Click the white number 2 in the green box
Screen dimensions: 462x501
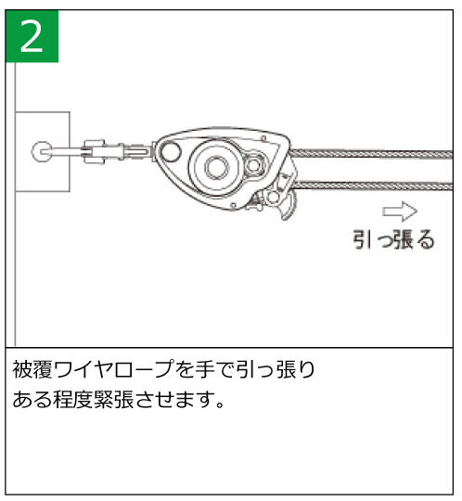click(x=32, y=36)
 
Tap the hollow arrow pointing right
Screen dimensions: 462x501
click(x=400, y=212)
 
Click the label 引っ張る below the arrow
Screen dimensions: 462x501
click(x=393, y=239)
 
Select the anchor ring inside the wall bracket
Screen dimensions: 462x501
click(x=42, y=151)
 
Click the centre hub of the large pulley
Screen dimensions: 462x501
click(x=217, y=167)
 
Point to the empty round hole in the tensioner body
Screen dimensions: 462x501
click(x=171, y=151)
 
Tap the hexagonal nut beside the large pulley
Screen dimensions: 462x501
click(x=253, y=165)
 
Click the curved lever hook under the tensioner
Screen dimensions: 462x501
click(x=289, y=208)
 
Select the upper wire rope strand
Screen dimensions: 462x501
click(x=371, y=154)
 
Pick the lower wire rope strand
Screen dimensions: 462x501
click(x=374, y=186)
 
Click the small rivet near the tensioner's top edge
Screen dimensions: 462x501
click(x=263, y=138)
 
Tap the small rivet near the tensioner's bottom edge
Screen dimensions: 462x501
click(x=234, y=206)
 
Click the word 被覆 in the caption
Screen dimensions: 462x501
click(x=32, y=369)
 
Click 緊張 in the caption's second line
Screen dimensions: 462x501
click(x=113, y=400)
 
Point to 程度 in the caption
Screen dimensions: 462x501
click(x=73, y=400)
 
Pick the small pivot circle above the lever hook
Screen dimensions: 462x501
click(x=273, y=198)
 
